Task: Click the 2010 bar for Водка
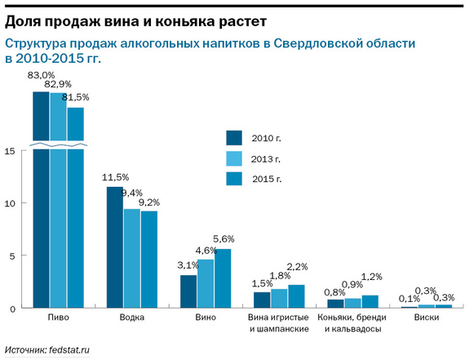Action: pos(115,247)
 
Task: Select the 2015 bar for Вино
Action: pos(223,278)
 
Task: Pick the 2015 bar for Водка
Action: pos(149,260)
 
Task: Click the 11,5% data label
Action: pos(115,177)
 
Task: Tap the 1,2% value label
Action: pos(371,277)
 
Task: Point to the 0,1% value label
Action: pos(410,299)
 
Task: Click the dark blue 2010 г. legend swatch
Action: pos(235,137)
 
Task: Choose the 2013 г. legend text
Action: pos(265,158)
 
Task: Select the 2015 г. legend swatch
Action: pos(235,179)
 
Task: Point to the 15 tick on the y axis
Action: pos(9,151)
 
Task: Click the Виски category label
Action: pos(427,318)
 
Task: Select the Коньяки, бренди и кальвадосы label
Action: pos(353,323)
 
